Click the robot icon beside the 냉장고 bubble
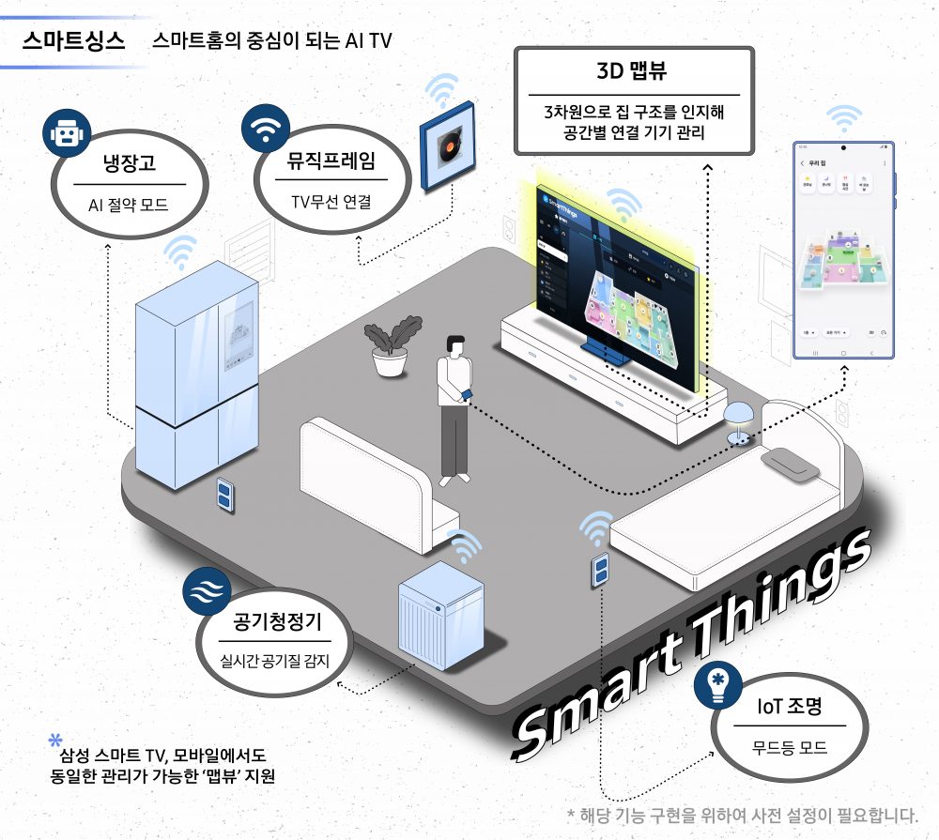[x=65, y=134]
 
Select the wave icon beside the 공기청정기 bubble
[x=206, y=591]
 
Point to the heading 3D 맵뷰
[x=634, y=71]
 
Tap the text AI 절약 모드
[x=129, y=204]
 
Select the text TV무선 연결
[x=331, y=200]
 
